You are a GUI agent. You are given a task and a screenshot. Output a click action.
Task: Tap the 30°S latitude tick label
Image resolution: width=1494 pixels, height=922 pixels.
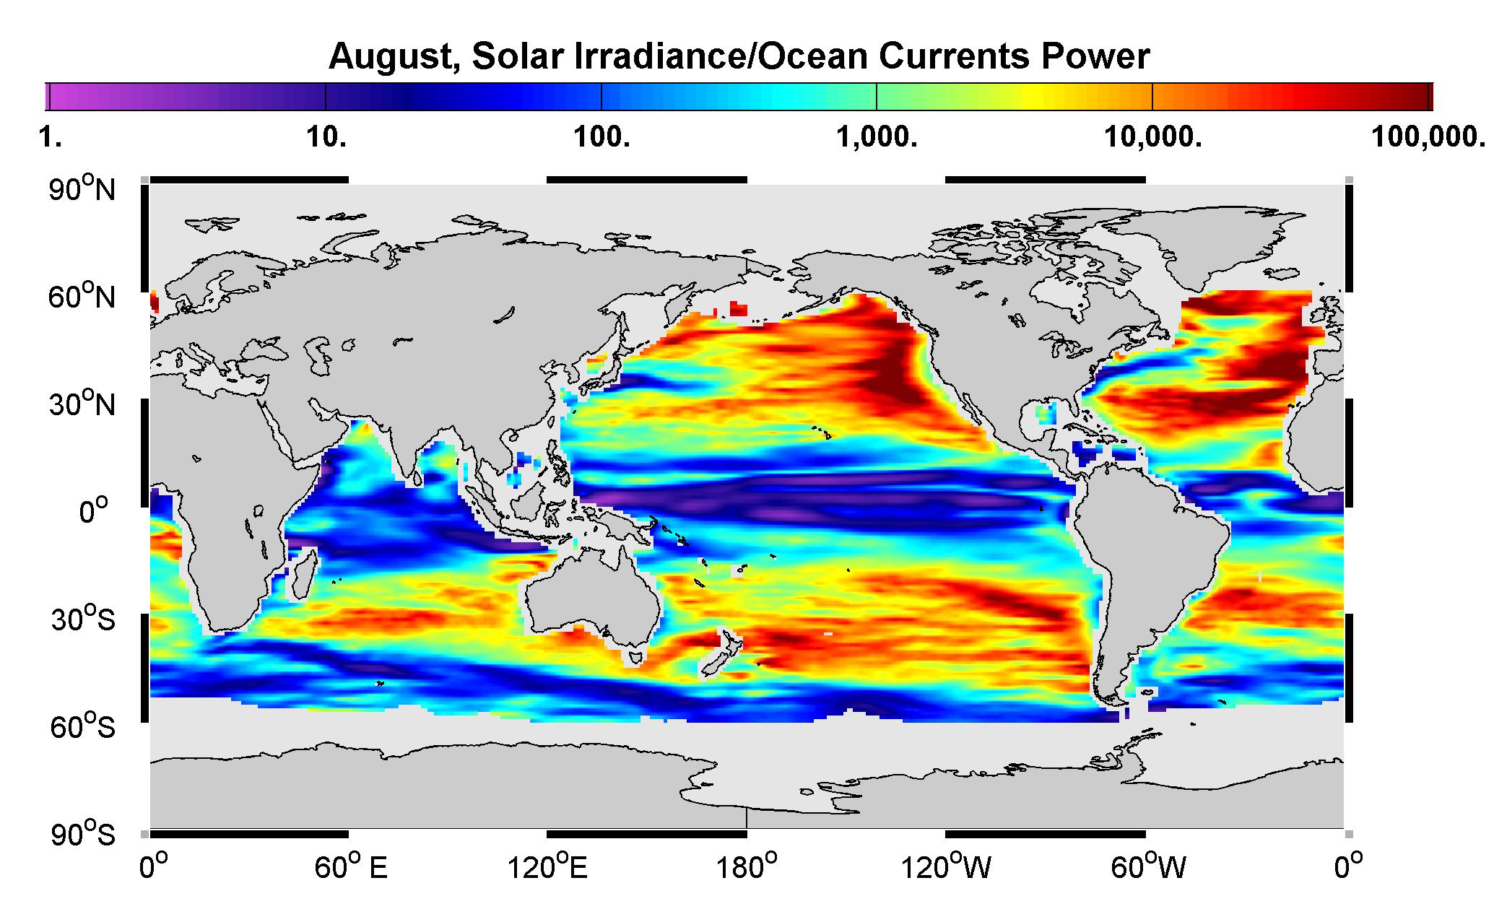[82, 619]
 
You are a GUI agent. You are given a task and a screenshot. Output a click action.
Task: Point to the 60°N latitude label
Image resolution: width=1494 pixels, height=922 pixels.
[82, 296]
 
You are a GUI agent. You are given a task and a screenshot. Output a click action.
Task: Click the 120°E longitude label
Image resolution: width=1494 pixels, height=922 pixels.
[547, 866]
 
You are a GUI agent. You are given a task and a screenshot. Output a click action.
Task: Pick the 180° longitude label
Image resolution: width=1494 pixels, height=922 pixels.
[746, 866]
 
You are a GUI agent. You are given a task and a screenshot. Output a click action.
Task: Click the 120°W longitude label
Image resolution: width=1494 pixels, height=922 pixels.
[947, 866]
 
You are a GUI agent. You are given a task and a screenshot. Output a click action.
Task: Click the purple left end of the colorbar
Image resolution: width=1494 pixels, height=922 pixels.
[48, 96]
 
